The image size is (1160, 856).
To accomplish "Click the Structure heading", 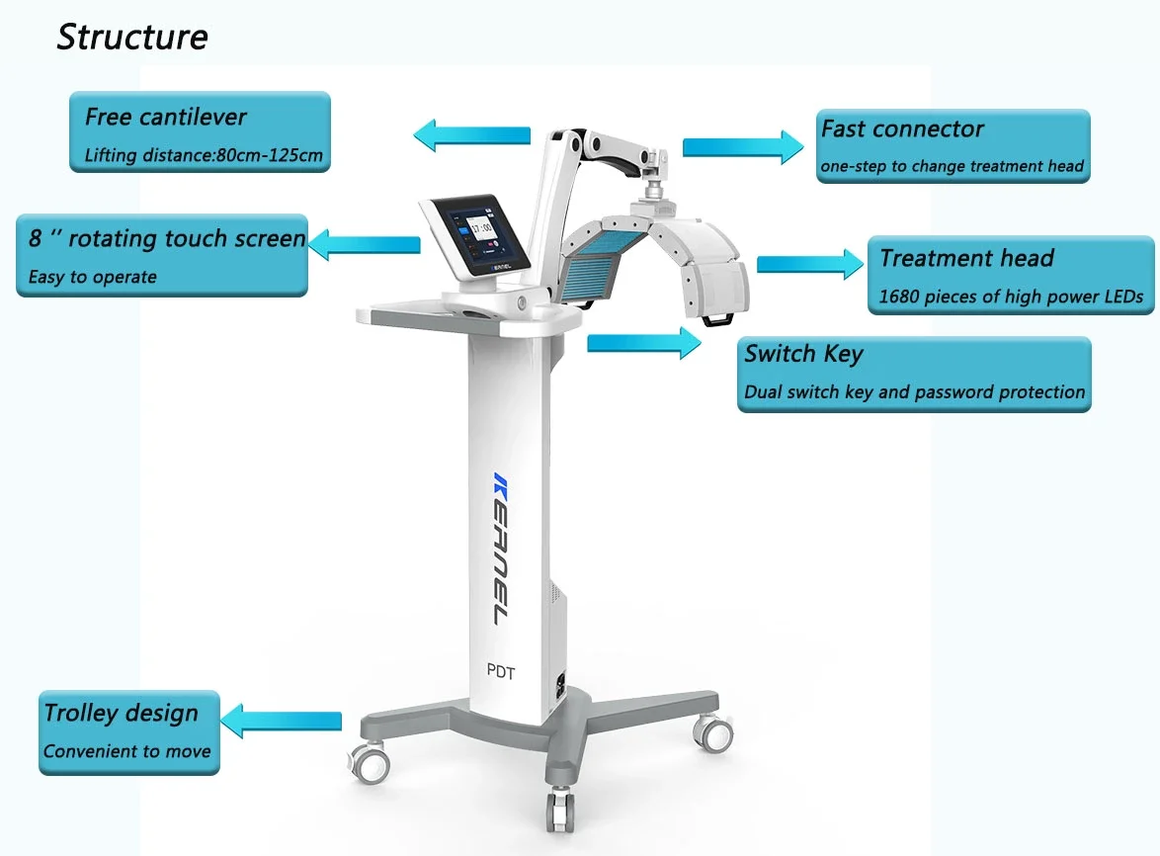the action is (132, 37).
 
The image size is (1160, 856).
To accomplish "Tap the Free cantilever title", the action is (165, 117).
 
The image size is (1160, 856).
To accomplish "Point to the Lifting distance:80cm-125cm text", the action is (204, 155).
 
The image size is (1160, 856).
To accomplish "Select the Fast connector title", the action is (902, 129).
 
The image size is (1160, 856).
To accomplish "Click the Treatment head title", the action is (966, 259).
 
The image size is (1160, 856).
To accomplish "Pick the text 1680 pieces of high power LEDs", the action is (1011, 297).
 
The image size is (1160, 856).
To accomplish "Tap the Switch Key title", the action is (804, 354).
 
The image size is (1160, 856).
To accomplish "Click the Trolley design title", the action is (121, 713).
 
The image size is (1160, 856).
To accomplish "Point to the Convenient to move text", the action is (126, 751).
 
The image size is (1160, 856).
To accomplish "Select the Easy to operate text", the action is (92, 277).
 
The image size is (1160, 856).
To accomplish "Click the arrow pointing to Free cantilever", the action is (471, 134).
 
